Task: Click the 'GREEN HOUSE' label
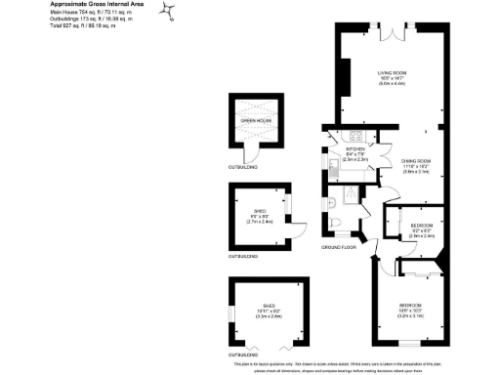255,120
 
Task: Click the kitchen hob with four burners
357,137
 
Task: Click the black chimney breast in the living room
345,74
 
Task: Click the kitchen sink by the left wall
332,170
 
